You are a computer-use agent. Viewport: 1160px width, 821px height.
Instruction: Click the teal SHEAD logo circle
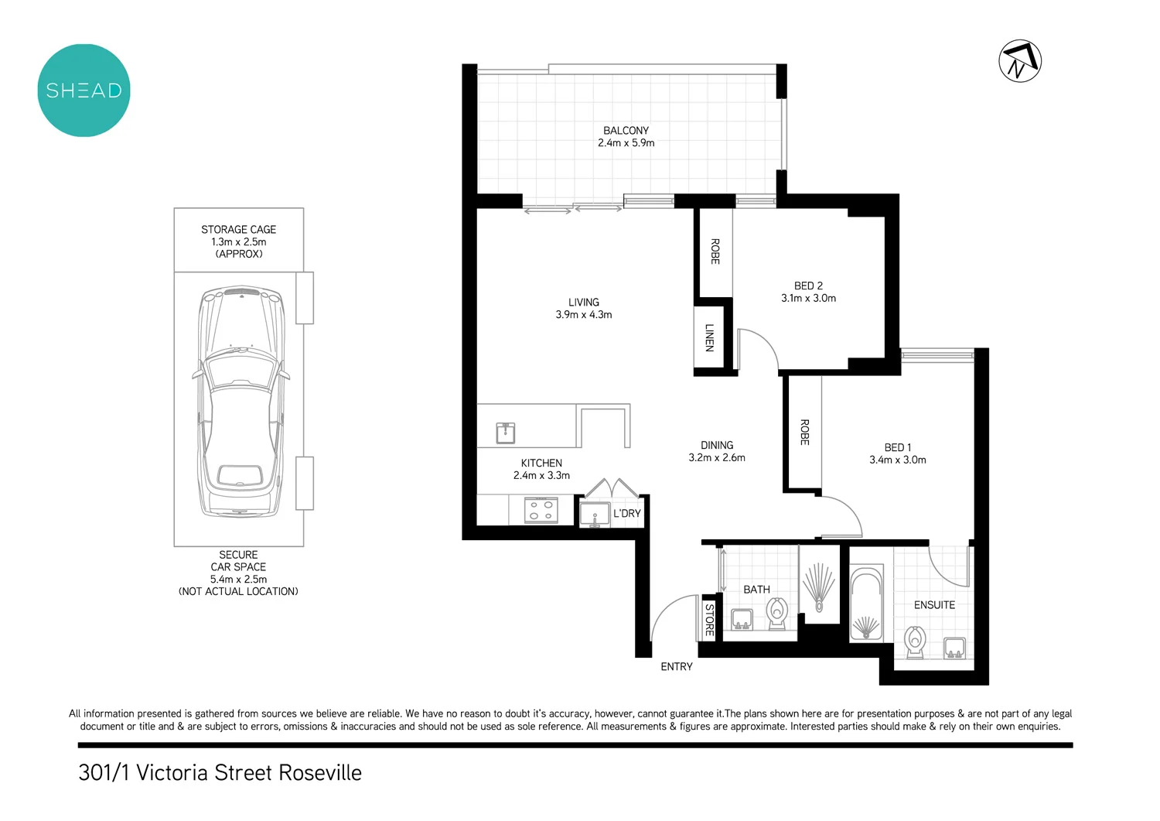[x=84, y=91]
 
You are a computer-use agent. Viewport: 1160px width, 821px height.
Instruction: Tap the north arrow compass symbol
[x=1019, y=61]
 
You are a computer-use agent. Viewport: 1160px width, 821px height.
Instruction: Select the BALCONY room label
[x=626, y=131]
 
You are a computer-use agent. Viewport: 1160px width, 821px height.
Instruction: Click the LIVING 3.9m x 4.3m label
[x=583, y=309]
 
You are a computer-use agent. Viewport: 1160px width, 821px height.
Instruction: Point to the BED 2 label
[x=808, y=286]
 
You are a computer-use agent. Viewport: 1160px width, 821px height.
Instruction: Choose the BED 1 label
[x=897, y=448]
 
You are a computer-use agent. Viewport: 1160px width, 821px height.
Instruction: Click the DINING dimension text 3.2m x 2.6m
[x=717, y=458]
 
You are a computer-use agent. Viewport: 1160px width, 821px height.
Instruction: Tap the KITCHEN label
[x=541, y=464]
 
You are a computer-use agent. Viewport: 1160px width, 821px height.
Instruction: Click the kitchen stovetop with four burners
[x=541, y=510]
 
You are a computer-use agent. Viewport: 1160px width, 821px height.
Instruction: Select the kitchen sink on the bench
[x=506, y=433]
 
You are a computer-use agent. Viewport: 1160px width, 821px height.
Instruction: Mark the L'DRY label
[x=626, y=514]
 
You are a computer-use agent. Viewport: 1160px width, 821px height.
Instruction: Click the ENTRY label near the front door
[x=676, y=667]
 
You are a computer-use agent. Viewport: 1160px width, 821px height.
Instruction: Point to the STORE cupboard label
[x=709, y=619]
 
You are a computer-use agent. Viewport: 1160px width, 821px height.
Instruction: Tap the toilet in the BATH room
[x=776, y=612]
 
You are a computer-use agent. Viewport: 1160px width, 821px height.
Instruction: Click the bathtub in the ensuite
[x=866, y=604]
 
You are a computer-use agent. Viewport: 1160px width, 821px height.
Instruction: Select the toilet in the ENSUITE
[x=916, y=642]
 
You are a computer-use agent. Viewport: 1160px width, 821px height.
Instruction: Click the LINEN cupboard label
[x=709, y=337]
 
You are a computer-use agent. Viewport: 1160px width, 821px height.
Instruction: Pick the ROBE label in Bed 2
[x=715, y=251]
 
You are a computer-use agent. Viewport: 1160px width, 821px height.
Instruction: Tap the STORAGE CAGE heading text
[x=238, y=230]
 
